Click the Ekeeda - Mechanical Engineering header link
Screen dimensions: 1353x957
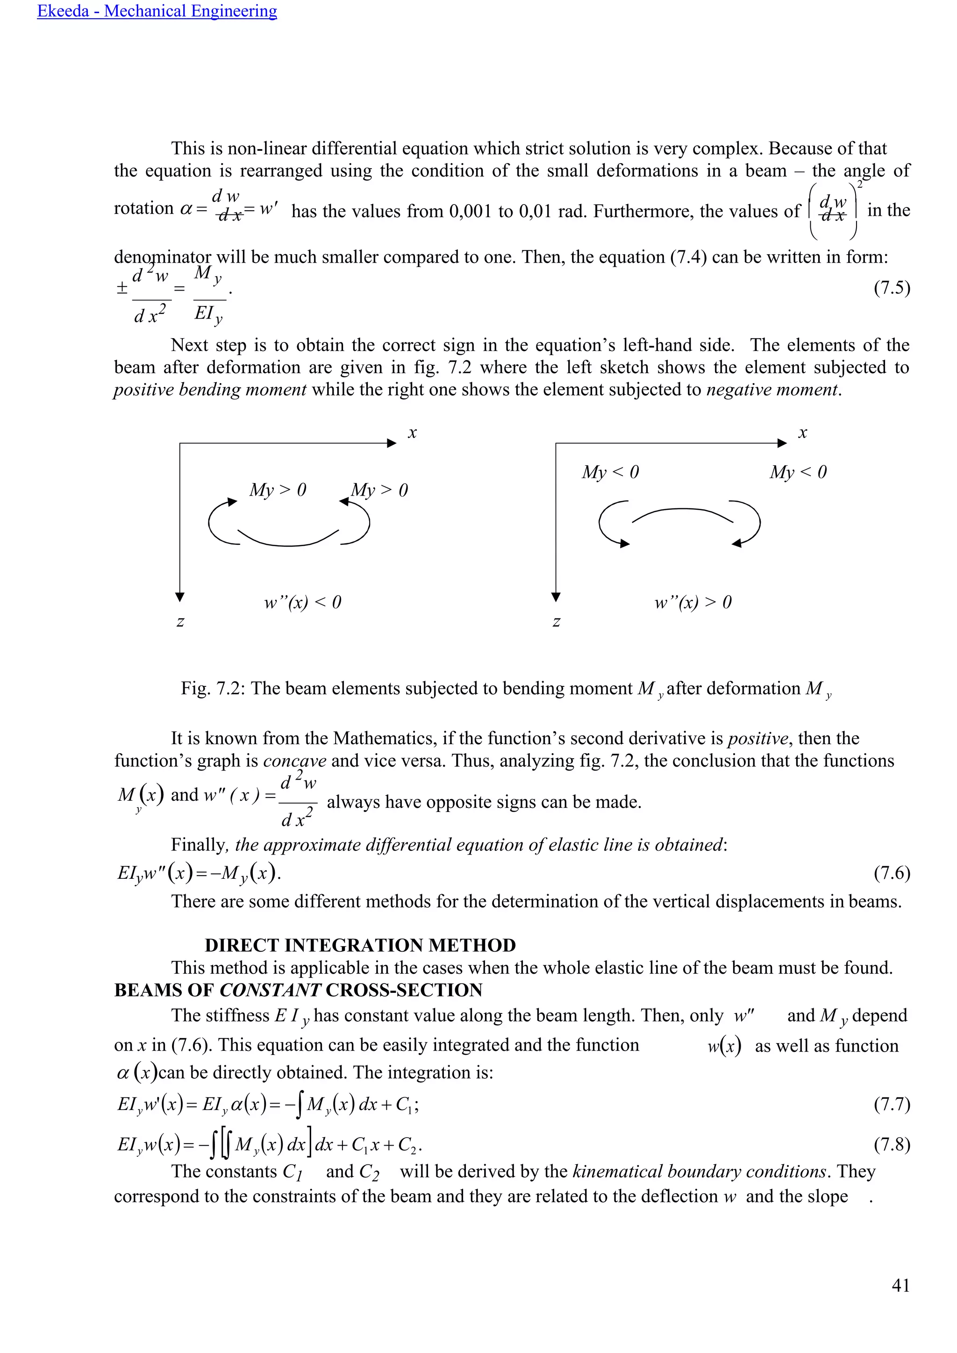coord(157,11)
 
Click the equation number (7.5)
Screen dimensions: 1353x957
coord(892,288)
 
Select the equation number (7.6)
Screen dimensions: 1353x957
coord(892,872)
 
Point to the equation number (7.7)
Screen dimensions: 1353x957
coord(892,1104)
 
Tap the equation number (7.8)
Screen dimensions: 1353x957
coord(892,1144)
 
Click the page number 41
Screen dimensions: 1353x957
coord(900,1285)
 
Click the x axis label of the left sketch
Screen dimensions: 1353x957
coord(412,433)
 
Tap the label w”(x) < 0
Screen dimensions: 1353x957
coord(302,602)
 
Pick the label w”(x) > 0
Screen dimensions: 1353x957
coord(693,602)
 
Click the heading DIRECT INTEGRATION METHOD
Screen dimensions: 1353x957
coord(360,945)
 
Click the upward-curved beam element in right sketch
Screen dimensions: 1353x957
coord(682,514)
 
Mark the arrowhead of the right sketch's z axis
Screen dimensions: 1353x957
coord(555,597)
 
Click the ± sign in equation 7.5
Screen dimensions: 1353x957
coord(121,288)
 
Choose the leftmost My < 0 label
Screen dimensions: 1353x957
coord(610,472)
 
